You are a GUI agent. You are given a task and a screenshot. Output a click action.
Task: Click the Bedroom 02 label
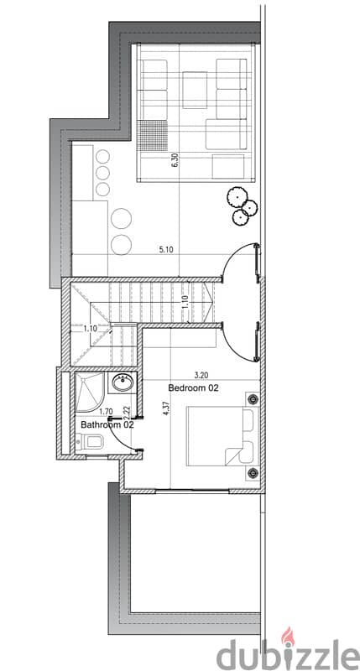pyautogui.click(x=194, y=388)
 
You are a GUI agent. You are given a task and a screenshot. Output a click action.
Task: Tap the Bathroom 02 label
pyautogui.click(x=107, y=425)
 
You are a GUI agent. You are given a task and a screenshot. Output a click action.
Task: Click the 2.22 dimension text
pyautogui.click(x=127, y=412)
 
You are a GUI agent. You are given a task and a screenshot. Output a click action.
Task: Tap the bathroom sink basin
pyautogui.click(x=123, y=382)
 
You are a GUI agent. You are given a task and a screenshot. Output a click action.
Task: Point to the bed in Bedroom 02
pyautogui.click(x=222, y=435)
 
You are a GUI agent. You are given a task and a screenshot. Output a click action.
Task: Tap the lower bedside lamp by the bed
pyautogui.click(x=253, y=473)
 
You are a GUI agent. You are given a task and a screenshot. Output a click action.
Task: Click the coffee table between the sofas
pyautogui.click(x=196, y=90)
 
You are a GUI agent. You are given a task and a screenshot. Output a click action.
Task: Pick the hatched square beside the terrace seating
pyautogui.click(x=153, y=136)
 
